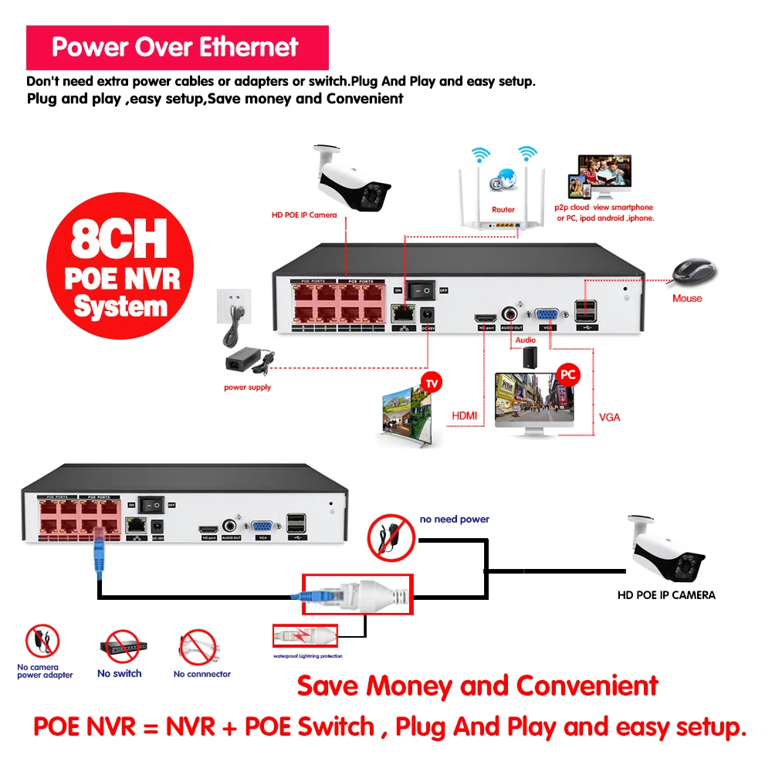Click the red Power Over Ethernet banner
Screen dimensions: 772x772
(x=177, y=48)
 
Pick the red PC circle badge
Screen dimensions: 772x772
(x=567, y=374)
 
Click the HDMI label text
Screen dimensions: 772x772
(x=463, y=416)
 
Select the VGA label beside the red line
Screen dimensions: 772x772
(x=609, y=418)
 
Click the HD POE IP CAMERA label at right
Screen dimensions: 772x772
(x=666, y=595)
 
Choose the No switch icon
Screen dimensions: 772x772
(x=119, y=648)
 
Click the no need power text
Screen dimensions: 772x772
(x=455, y=520)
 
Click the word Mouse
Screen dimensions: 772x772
(x=687, y=298)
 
